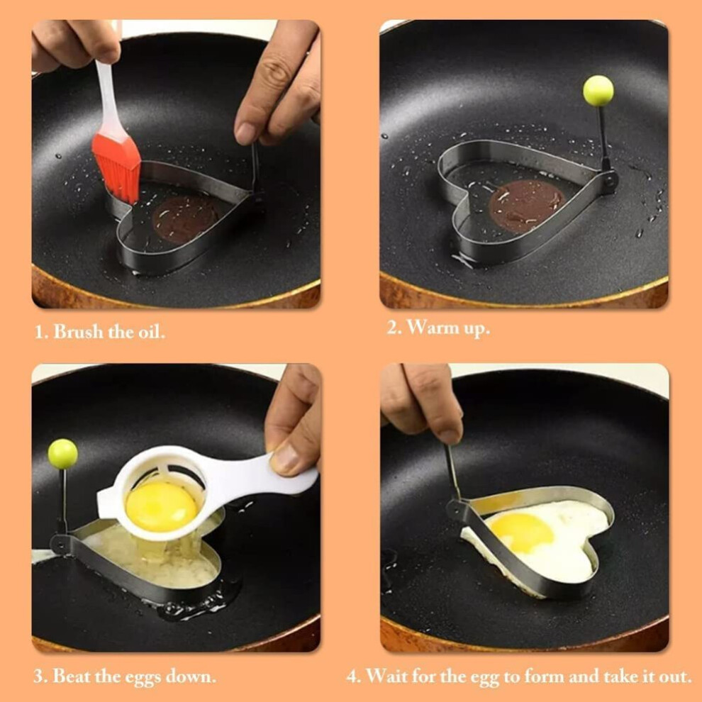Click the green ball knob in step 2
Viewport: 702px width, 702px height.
pyautogui.click(x=598, y=91)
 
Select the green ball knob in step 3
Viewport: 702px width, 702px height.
pyautogui.click(x=62, y=454)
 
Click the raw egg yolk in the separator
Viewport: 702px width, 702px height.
pyautogui.click(x=162, y=507)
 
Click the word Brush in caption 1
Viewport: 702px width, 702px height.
pyautogui.click(x=78, y=332)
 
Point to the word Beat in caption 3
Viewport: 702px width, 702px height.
pyautogui.click(x=69, y=676)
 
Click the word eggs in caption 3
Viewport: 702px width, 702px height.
pyautogui.click(x=143, y=678)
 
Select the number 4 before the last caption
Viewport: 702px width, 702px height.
pyautogui.click(x=353, y=676)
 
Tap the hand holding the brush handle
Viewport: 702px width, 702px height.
pyautogui.click(x=75, y=44)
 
